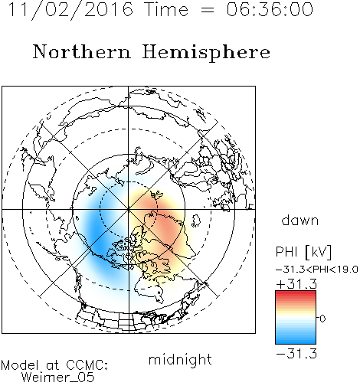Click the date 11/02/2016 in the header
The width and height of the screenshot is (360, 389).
[70, 10]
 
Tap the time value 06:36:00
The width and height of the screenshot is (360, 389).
[270, 9]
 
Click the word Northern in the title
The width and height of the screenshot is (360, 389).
[82, 52]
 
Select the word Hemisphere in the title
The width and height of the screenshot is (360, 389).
[206, 53]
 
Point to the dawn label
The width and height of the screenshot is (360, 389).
[300, 220]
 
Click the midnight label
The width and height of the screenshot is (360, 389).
[180, 359]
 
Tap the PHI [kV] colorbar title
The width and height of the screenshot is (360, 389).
[303, 252]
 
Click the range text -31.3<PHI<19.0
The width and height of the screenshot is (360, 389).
[317, 270]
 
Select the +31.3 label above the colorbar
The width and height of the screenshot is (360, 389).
[296, 284]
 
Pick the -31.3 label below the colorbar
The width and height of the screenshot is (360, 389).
[296, 354]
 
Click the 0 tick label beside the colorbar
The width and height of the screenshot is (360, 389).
[322, 319]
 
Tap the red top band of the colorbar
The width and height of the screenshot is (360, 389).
[296, 295]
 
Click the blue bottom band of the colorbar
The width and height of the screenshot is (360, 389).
[296, 339]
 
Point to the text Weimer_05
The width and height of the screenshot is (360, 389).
[58, 378]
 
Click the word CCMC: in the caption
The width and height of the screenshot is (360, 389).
[87, 365]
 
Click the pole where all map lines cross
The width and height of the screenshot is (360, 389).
[129, 209]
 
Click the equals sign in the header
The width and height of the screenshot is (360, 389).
[208, 10]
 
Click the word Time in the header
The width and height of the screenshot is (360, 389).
[166, 9]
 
